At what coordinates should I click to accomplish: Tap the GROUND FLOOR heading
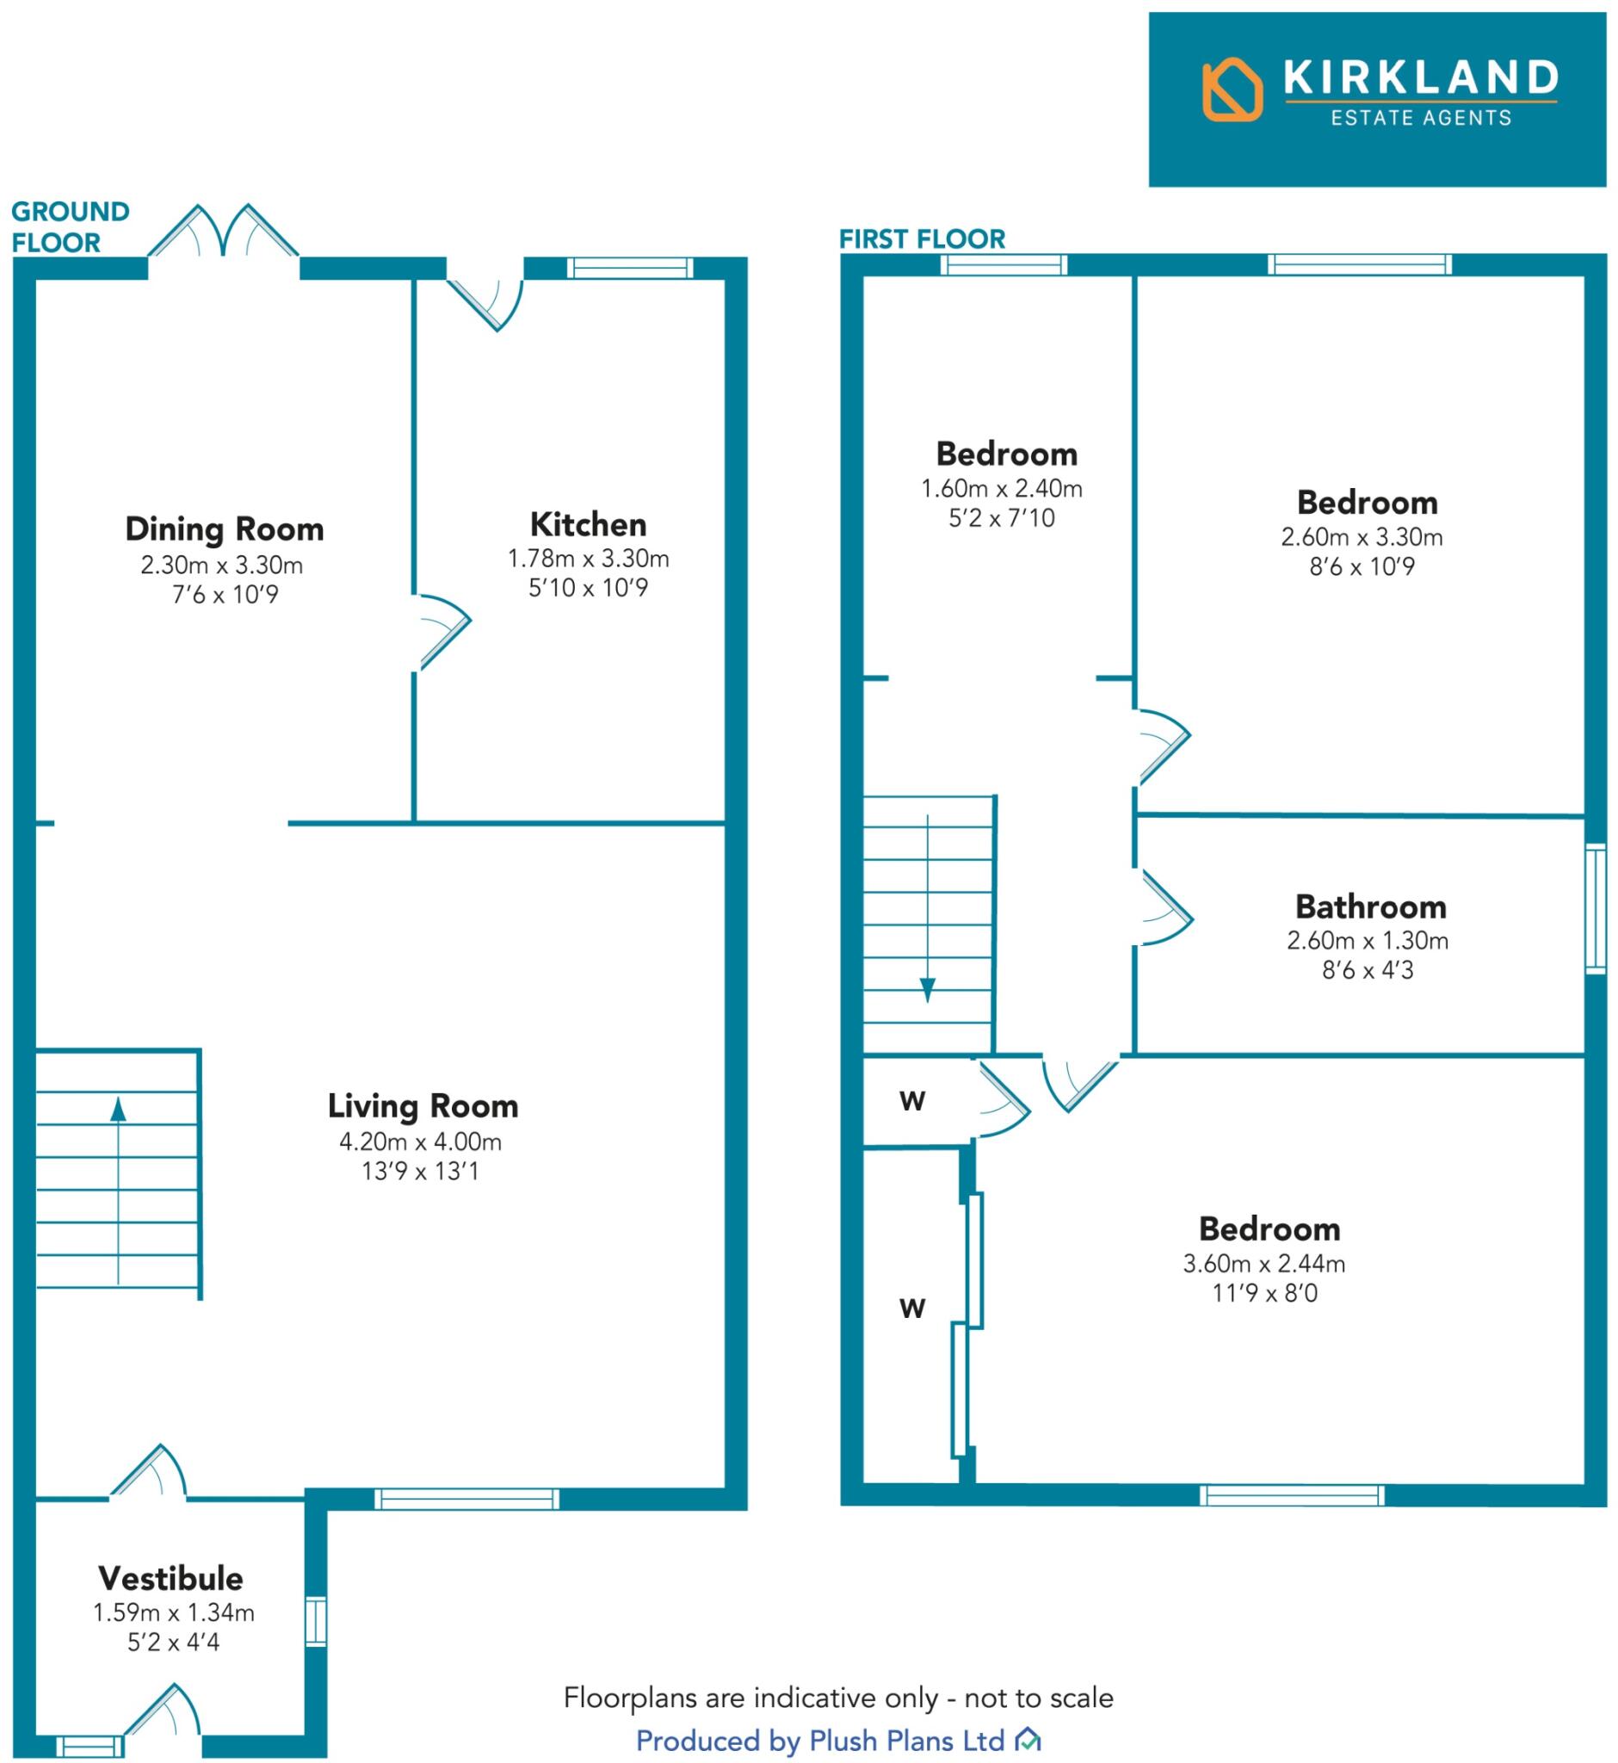pyautogui.click(x=70, y=227)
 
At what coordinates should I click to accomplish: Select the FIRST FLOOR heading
pyautogui.click(x=922, y=239)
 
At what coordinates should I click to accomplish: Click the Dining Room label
pyautogui.click(x=225, y=530)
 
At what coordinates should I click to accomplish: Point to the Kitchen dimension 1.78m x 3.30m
pyautogui.click(x=589, y=559)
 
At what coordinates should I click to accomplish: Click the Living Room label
pyautogui.click(x=423, y=1106)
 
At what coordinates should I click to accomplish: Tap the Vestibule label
pyautogui.click(x=170, y=1578)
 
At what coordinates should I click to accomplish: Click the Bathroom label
pyautogui.click(x=1370, y=906)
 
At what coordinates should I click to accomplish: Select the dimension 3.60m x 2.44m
pyautogui.click(x=1263, y=1263)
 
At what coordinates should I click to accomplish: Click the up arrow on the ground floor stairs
pyautogui.click(x=118, y=1110)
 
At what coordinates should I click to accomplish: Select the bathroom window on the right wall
pyautogui.click(x=1596, y=908)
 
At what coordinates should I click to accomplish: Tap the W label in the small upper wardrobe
pyautogui.click(x=912, y=1102)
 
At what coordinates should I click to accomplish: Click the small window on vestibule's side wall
pyautogui.click(x=315, y=1622)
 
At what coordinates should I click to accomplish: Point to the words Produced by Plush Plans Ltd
pyautogui.click(x=820, y=1741)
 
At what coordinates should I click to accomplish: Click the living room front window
pyautogui.click(x=466, y=1499)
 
